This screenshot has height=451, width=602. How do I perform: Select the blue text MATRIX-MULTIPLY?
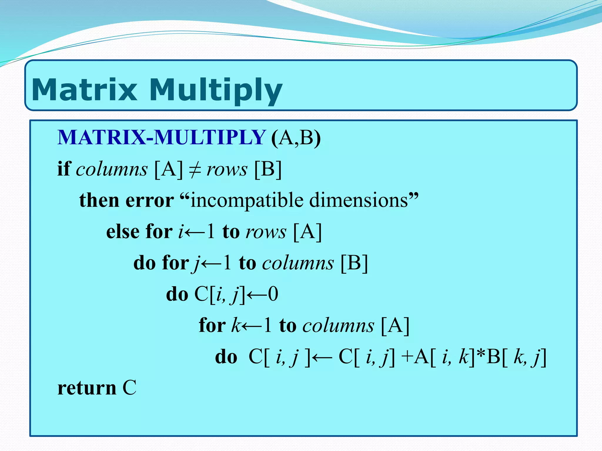[161, 137]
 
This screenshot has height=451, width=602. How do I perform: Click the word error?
[150, 200]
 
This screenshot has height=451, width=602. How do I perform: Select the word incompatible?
[247, 201]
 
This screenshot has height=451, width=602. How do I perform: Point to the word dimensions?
[359, 200]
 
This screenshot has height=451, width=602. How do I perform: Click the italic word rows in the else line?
[266, 232]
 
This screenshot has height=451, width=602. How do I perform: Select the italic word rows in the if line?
[227, 169]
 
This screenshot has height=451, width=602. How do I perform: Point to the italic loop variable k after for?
[236, 325]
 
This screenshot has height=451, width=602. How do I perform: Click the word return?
[87, 388]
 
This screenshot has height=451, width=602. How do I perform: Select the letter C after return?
[129, 388]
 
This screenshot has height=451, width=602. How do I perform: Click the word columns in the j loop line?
[298, 263]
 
